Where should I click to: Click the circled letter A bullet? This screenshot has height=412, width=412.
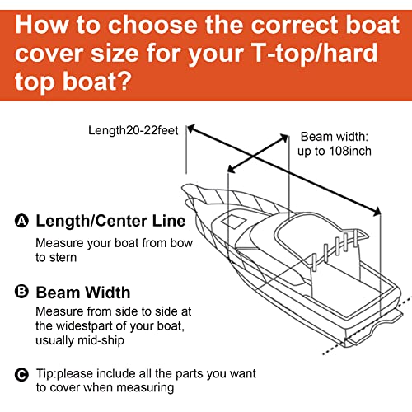pos(21,221)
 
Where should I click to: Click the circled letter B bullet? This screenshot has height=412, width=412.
pos(21,292)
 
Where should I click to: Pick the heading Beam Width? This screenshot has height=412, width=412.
pos(82,292)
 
